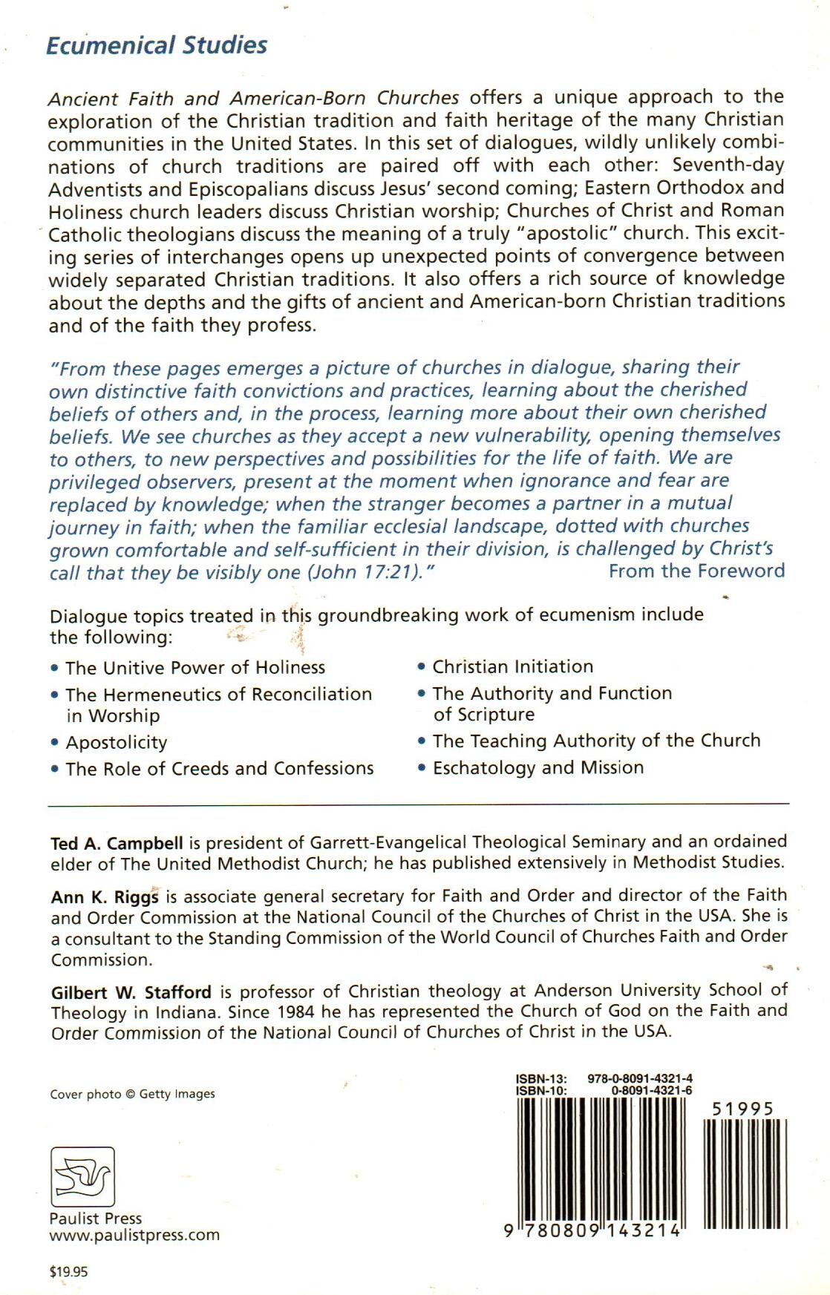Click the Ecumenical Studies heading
pyautogui.click(x=157, y=45)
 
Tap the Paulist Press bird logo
pyautogui.click(x=82, y=1176)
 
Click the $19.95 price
pyautogui.click(x=68, y=1271)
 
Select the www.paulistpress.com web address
pyautogui.click(x=134, y=1236)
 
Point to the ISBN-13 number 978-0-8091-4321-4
pyautogui.click(x=640, y=1079)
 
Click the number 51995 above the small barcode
pyautogui.click(x=742, y=1109)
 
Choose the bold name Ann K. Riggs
pyautogui.click(x=105, y=897)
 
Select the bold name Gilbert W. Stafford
pyautogui.click(x=131, y=992)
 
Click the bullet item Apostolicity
pyautogui.click(x=117, y=743)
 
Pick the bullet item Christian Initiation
pyautogui.click(x=513, y=666)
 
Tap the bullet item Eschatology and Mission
pyautogui.click(x=538, y=767)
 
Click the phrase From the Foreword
pyautogui.click(x=696, y=571)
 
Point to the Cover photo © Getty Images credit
pyautogui.click(x=132, y=1094)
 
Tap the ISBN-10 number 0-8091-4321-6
pyautogui.click(x=652, y=1091)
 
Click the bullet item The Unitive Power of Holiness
pyautogui.click(x=195, y=668)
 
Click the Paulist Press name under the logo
pyautogui.click(x=95, y=1219)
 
